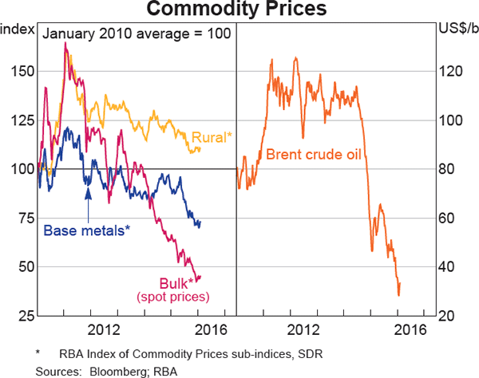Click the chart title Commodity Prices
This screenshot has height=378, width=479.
point(239,10)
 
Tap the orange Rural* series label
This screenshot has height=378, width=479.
point(212,137)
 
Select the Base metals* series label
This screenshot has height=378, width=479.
point(85,230)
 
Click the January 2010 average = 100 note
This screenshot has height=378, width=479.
point(136,33)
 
